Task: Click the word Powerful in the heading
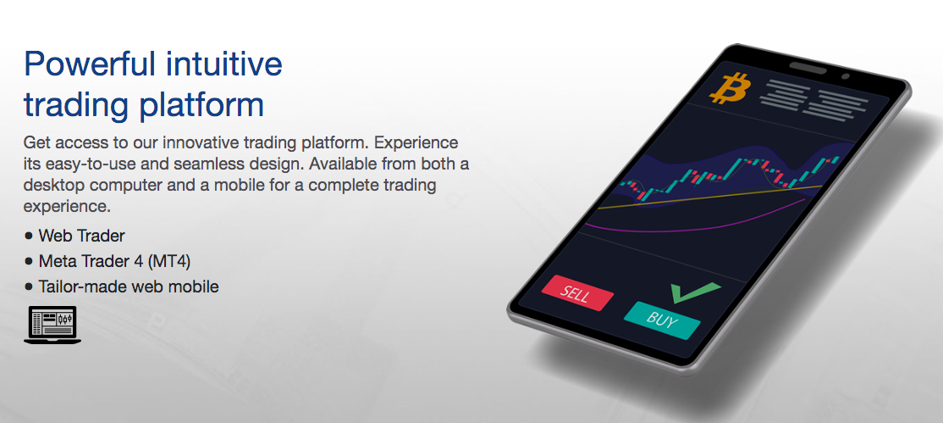click(x=89, y=64)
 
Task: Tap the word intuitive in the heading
click(x=223, y=64)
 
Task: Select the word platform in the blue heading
click(x=201, y=105)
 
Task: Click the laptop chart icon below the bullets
click(x=52, y=325)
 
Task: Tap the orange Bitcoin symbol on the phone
click(x=730, y=89)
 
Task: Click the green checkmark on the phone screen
click(x=694, y=292)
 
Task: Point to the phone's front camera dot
click(x=845, y=76)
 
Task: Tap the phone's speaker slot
click(x=808, y=68)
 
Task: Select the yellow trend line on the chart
click(x=709, y=198)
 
